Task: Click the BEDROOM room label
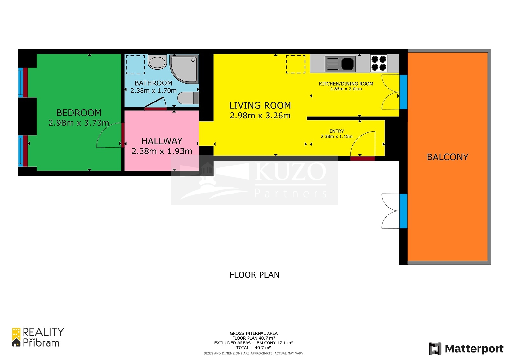coord(79,113)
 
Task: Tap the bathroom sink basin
coord(157,62)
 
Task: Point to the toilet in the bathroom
coord(188,98)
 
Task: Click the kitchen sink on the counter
coord(340,64)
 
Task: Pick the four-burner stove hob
coord(379,63)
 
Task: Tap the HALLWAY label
coord(162,141)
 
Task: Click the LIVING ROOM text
coord(260,106)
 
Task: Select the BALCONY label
coord(448,157)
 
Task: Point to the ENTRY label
coord(337,131)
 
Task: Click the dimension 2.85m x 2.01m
coord(346,89)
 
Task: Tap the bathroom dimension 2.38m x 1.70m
coord(153,91)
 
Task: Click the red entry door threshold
coord(362,159)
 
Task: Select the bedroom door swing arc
coord(103,133)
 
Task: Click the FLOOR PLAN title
coord(254,275)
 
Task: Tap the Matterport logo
coord(466,349)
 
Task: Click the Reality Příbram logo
coord(38,337)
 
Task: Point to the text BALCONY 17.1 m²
coord(275,343)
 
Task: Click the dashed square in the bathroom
coord(136,65)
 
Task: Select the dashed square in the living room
coord(296,64)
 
